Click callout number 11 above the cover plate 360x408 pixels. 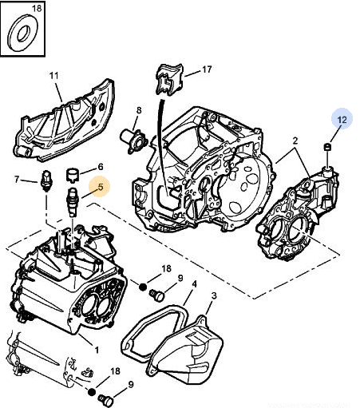[x=53, y=76]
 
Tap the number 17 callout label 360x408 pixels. [x=207, y=69]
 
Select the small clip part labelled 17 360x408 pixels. [x=169, y=79]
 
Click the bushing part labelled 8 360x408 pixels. [x=134, y=139]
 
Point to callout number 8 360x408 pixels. [x=139, y=110]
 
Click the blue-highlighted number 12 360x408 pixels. [x=342, y=120]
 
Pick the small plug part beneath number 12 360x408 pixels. [x=327, y=147]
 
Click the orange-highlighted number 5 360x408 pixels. [x=101, y=187]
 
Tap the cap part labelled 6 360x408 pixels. [x=73, y=176]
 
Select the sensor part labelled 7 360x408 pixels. [x=47, y=181]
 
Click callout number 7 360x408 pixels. [x=17, y=180]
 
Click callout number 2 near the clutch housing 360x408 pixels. [x=295, y=141]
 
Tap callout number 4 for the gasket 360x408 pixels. [x=195, y=284]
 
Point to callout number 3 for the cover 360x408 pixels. [x=214, y=295]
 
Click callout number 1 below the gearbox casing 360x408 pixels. [x=97, y=350]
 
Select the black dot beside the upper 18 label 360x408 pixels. [x=143, y=287]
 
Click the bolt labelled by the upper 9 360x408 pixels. [x=157, y=295]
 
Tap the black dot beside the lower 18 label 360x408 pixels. [x=92, y=392]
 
